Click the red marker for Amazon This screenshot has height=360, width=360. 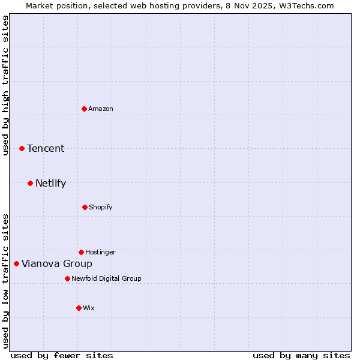(84, 109)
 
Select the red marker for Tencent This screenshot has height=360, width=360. (22, 148)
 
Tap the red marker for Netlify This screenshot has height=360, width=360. (30, 183)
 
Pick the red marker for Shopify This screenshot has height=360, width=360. (85, 207)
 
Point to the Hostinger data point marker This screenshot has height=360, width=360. (81, 252)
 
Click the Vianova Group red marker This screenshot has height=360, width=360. (16, 263)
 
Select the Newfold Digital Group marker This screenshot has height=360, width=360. (67, 278)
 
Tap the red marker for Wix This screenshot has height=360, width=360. (79, 308)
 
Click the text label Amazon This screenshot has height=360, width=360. (101, 109)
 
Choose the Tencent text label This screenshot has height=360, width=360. (46, 149)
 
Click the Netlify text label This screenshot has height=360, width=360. (50, 184)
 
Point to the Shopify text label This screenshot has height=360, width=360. (101, 207)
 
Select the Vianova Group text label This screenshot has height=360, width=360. (57, 264)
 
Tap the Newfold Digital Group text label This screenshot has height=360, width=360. (106, 278)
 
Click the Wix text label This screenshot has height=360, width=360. (89, 308)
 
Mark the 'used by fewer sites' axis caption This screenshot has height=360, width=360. (62, 355)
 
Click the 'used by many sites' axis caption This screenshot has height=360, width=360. (301, 355)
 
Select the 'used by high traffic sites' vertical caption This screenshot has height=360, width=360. (5, 85)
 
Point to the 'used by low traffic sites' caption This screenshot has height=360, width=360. (5, 281)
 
